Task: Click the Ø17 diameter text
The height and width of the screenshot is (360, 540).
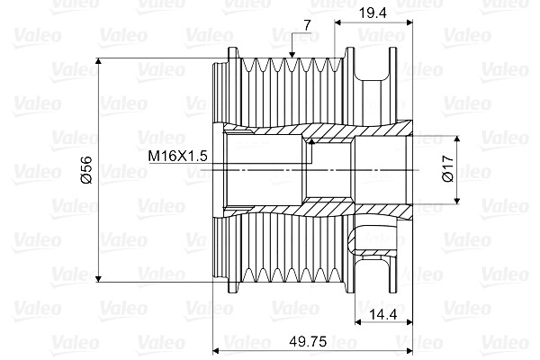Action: [x=446, y=171]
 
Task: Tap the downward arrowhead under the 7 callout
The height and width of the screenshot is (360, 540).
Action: [x=295, y=55]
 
